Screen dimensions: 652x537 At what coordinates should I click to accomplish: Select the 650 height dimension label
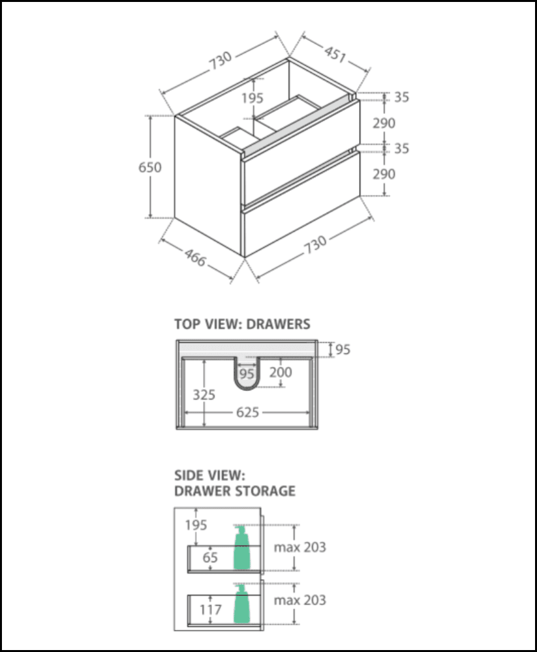point(150,167)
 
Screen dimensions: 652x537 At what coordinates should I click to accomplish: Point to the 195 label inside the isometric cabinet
point(252,98)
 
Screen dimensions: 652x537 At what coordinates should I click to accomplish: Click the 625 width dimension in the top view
point(248,412)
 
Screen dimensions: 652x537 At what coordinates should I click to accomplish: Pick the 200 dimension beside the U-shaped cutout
point(281,373)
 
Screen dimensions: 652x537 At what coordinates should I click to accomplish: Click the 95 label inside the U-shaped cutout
point(246,374)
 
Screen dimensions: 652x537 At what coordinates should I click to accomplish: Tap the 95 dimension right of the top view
point(343,349)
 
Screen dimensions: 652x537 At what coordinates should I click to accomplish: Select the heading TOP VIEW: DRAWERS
point(242,323)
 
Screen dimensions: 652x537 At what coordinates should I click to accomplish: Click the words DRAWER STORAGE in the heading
point(235,490)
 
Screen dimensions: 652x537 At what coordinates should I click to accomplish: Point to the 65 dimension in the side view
point(209,557)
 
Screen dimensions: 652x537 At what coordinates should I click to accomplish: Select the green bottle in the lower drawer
point(242,603)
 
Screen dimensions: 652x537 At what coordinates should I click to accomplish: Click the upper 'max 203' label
point(299,547)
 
